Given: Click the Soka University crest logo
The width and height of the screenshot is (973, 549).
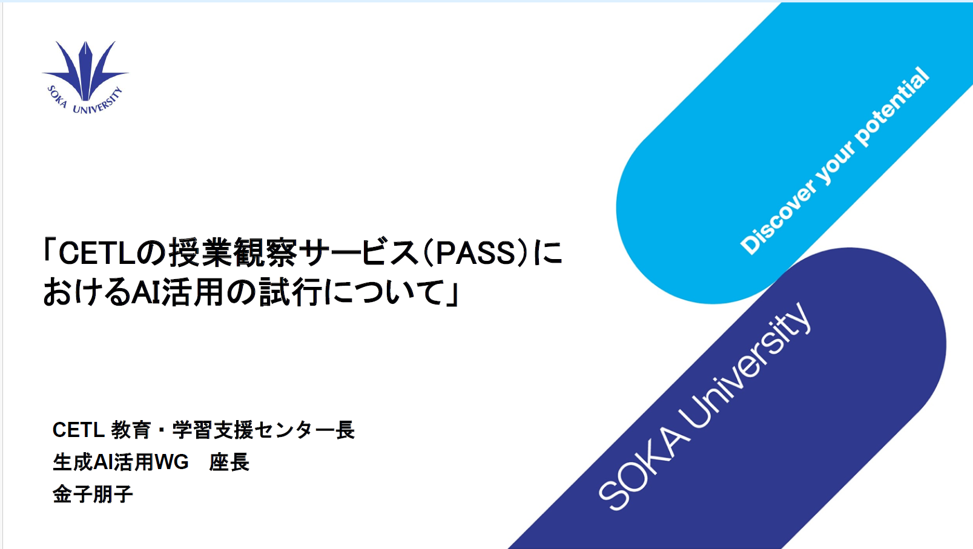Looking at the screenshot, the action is [85, 77].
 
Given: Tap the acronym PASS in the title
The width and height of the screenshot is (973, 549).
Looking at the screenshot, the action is [475, 254].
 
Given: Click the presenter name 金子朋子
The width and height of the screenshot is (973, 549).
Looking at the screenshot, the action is [93, 495].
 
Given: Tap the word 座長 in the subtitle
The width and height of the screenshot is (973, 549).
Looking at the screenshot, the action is [229, 462].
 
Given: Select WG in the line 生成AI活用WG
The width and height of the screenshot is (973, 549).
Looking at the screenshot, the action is [171, 462].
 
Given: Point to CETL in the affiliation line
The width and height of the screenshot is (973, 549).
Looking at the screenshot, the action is [78, 430].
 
